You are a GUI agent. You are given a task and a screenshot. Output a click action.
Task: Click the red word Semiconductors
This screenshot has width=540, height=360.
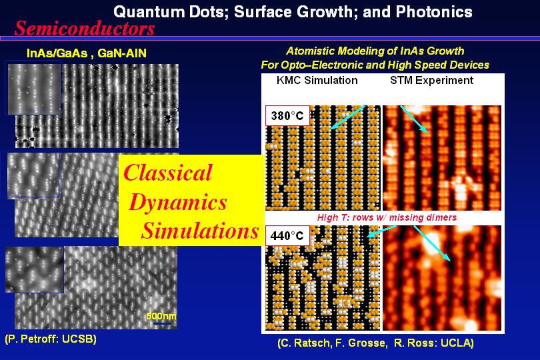point(85,28)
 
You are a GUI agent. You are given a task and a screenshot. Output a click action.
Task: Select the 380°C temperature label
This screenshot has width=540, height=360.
point(287,115)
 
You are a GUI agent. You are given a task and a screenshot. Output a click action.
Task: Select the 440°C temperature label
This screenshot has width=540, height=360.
point(287,235)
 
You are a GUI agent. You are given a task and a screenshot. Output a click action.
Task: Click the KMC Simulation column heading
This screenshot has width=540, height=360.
point(317,80)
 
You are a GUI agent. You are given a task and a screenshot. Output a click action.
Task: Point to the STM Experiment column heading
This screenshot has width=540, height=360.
point(431,80)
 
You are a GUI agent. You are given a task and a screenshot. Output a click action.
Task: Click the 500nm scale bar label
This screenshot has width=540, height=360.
point(161,316)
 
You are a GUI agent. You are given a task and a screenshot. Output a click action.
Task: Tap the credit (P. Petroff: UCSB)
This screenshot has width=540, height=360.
point(51,339)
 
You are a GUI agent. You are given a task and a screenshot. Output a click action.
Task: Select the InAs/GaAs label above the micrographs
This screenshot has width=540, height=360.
point(57,53)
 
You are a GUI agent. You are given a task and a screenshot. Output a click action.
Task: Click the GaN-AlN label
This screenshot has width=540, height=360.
point(122,53)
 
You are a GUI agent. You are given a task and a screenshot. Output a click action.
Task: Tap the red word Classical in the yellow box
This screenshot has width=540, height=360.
point(168,172)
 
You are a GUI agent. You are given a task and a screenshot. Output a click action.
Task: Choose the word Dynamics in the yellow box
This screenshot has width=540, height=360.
point(178,202)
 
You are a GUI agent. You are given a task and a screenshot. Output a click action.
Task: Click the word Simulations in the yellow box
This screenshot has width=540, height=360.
point(200,230)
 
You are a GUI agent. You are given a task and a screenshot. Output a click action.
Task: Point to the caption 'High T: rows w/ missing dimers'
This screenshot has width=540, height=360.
point(387,217)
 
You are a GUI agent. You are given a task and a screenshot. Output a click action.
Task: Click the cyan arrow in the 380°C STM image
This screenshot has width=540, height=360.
point(414,119)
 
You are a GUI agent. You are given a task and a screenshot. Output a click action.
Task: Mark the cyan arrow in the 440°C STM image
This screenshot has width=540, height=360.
point(432,243)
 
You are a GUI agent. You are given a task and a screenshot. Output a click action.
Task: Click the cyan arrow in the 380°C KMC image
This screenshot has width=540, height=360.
point(347,117)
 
